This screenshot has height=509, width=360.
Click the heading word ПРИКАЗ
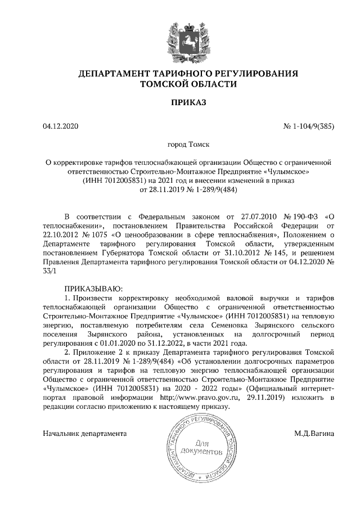tap(181, 102)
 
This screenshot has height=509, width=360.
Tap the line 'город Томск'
tap(180, 145)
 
